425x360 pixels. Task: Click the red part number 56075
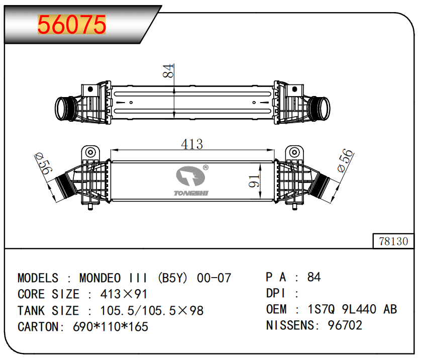(x=71, y=25)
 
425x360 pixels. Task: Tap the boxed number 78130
(x=393, y=241)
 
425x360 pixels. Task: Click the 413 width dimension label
(x=192, y=144)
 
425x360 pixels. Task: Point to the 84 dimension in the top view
(x=168, y=71)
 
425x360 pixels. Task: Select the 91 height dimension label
(x=254, y=181)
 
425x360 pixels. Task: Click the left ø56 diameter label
(x=43, y=163)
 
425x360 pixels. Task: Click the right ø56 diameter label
(x=346, y=160)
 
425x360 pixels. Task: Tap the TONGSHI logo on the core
(x=191, y=181)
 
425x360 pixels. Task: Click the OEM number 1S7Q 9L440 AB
(x=352, y=309)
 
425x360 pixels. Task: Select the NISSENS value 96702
(x=345, y=325)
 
